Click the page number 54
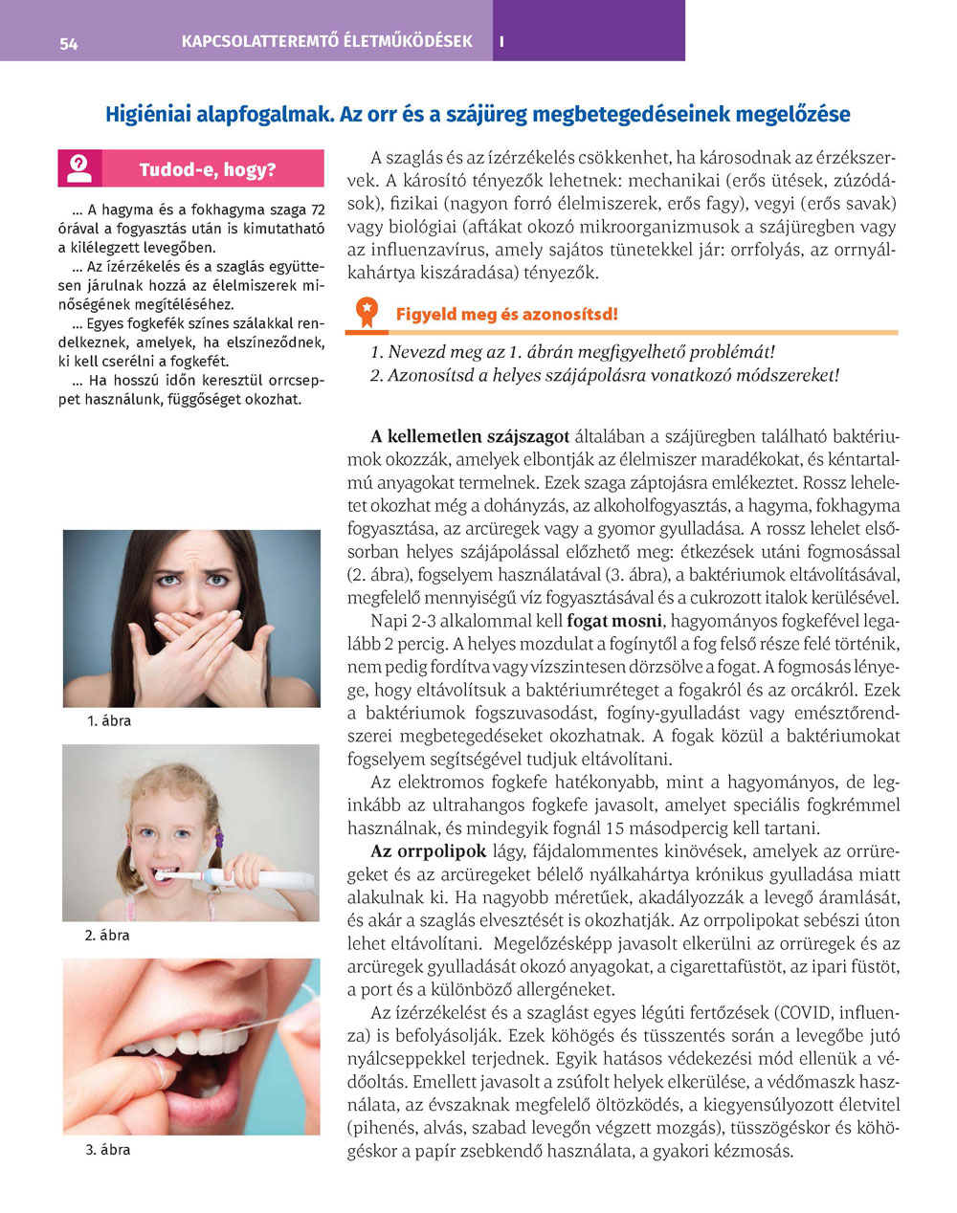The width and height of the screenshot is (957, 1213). (x=68, y=43)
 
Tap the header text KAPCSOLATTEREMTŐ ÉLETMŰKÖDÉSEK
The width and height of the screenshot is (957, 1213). (x=327, y=42)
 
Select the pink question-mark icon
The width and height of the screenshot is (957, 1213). (x=79, y=168)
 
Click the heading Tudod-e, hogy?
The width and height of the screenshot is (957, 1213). (x=207, y=170)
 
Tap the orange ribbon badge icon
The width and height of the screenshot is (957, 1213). (x=366, y=312)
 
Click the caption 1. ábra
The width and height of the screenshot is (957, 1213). (x=109, y=720)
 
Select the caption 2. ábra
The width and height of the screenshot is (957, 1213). (x=109, y=935)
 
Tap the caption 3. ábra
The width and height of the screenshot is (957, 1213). (x=109, y=1149)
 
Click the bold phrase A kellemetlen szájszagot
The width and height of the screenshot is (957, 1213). (x=470, y=437)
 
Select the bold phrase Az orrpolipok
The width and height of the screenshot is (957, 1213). (x=429, y=851)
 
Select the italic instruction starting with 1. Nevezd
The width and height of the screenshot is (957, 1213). (x=572, y=352)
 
